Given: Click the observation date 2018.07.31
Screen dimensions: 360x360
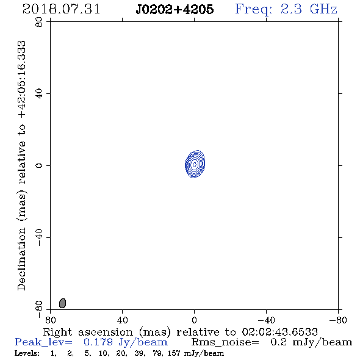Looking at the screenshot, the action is tap(61, 9).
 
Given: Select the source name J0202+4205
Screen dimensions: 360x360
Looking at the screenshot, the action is tap(175, 9).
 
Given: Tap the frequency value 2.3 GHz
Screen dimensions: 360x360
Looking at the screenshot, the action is tap(309, 9).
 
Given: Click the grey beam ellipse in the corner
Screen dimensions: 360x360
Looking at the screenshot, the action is tap(62, 303).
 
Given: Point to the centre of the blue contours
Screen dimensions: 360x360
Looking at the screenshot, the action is tap(195, 164).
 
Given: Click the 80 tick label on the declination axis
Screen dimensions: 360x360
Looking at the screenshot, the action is tap(39, 22).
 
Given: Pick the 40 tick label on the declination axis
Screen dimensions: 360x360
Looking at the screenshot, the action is tap(39, 94).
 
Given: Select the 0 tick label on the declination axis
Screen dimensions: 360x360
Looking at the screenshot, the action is tap(39, 165).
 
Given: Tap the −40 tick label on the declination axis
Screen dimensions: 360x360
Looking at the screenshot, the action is tap(39, 237).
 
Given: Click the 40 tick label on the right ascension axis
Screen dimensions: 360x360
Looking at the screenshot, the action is tap(122, 320).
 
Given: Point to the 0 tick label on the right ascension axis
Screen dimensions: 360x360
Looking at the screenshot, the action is tap(194, 320).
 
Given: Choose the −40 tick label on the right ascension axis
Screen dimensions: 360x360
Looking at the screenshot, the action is tap(266, 320).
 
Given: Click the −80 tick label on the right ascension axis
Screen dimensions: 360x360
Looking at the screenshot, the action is tap(338, 320).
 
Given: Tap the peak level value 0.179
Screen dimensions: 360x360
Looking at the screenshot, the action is tap(98, 342).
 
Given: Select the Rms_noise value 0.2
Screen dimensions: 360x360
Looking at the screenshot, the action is tap(278, 342).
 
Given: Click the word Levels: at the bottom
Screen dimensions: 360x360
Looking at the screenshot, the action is tap(27, 353).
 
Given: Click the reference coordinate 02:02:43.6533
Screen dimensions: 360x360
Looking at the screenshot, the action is tap(279, 332).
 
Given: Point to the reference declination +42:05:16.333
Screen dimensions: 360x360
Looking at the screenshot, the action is tap(22, 80).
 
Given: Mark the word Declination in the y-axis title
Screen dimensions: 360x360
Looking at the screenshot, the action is tap(22, 259).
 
